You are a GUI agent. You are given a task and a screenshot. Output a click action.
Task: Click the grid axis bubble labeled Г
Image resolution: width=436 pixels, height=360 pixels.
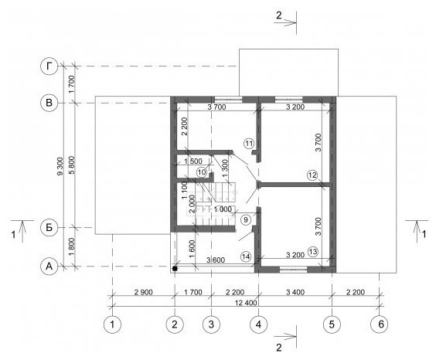[49, 66]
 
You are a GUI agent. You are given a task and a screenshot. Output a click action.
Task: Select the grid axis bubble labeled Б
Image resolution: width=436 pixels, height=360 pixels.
[49, 227]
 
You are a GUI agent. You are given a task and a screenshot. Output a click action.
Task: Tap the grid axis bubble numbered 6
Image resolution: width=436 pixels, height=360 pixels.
[380, 324]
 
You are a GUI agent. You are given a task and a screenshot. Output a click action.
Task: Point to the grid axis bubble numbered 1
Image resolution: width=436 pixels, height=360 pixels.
[112, 324]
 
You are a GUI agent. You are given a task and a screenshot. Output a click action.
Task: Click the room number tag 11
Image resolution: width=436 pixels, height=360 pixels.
[249, 144]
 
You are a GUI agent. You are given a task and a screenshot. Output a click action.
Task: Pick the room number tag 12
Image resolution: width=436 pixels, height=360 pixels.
[312, 175]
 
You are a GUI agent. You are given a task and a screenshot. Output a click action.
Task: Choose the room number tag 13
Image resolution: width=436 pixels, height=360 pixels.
[313, 252]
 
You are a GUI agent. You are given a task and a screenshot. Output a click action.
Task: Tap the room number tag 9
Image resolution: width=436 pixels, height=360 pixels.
[246, 219]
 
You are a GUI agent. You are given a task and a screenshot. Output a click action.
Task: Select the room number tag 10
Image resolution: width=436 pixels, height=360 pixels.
[202, 172]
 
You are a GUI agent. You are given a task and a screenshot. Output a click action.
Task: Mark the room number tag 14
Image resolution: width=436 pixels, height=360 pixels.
[246, 256]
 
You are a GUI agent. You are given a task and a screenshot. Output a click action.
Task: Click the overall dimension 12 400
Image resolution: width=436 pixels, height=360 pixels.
[246, 303]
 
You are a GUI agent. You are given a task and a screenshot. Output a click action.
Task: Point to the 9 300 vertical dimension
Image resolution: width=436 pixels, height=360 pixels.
[60, 166]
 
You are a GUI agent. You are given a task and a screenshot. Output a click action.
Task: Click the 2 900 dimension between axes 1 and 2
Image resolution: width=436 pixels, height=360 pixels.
[144, 292]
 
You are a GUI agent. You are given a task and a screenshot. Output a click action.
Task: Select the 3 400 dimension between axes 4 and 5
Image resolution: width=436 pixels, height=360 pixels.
[295, 292]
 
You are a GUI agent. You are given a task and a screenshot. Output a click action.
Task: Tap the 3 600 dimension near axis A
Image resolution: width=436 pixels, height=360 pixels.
[216, 260]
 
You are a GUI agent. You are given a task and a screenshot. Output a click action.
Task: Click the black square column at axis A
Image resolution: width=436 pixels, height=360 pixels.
[175, 269]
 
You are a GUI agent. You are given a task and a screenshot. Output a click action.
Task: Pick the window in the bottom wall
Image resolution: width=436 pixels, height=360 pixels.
[293, 269]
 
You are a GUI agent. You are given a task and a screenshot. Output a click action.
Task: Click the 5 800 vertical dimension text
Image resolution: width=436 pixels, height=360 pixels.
[72, 165]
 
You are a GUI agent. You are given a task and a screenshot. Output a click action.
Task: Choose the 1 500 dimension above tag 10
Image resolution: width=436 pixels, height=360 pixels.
[193, 161]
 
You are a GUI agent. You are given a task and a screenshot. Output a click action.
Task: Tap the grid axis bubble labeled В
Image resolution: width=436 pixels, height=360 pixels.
[49, 103]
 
